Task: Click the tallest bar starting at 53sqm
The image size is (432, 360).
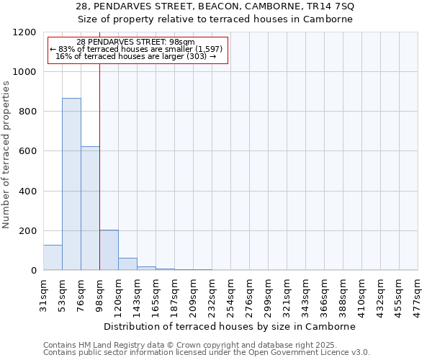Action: pyautogui.click(x=71, y=184)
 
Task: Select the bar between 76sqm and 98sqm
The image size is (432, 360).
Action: pyautogui.click(x=90, y=209)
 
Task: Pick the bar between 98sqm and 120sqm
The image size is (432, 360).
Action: pyautogui.click(x=109, y=251)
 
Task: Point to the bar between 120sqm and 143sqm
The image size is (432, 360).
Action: pyautogui.click(x=127, y=264)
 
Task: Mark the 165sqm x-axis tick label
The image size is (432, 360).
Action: pyautogui.click(x=156, y=293)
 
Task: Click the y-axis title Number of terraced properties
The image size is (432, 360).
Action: pyautogui.click(x=6, y=155)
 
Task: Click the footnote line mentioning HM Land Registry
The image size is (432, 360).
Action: pyautogui.click(x=205, y=345)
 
